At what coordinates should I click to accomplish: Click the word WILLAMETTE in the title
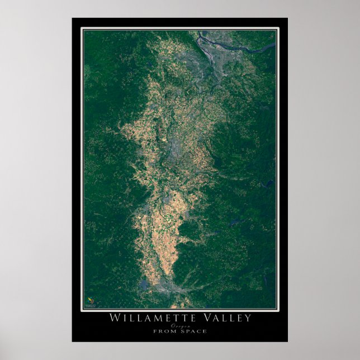[x=153, y=318]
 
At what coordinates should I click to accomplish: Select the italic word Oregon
[x=180, y=325]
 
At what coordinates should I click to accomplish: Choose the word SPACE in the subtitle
[x=193, y=331]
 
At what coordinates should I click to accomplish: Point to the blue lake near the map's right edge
[x=268, y=183]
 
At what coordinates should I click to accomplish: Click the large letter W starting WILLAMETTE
[x=114, y=318]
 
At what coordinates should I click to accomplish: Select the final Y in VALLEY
[x=248, y=318]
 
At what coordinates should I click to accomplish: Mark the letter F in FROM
[x=155, y=331]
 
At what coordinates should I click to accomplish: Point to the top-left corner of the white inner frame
[x=83, y=29]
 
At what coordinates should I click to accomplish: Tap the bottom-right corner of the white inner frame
[x=277, y=309]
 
